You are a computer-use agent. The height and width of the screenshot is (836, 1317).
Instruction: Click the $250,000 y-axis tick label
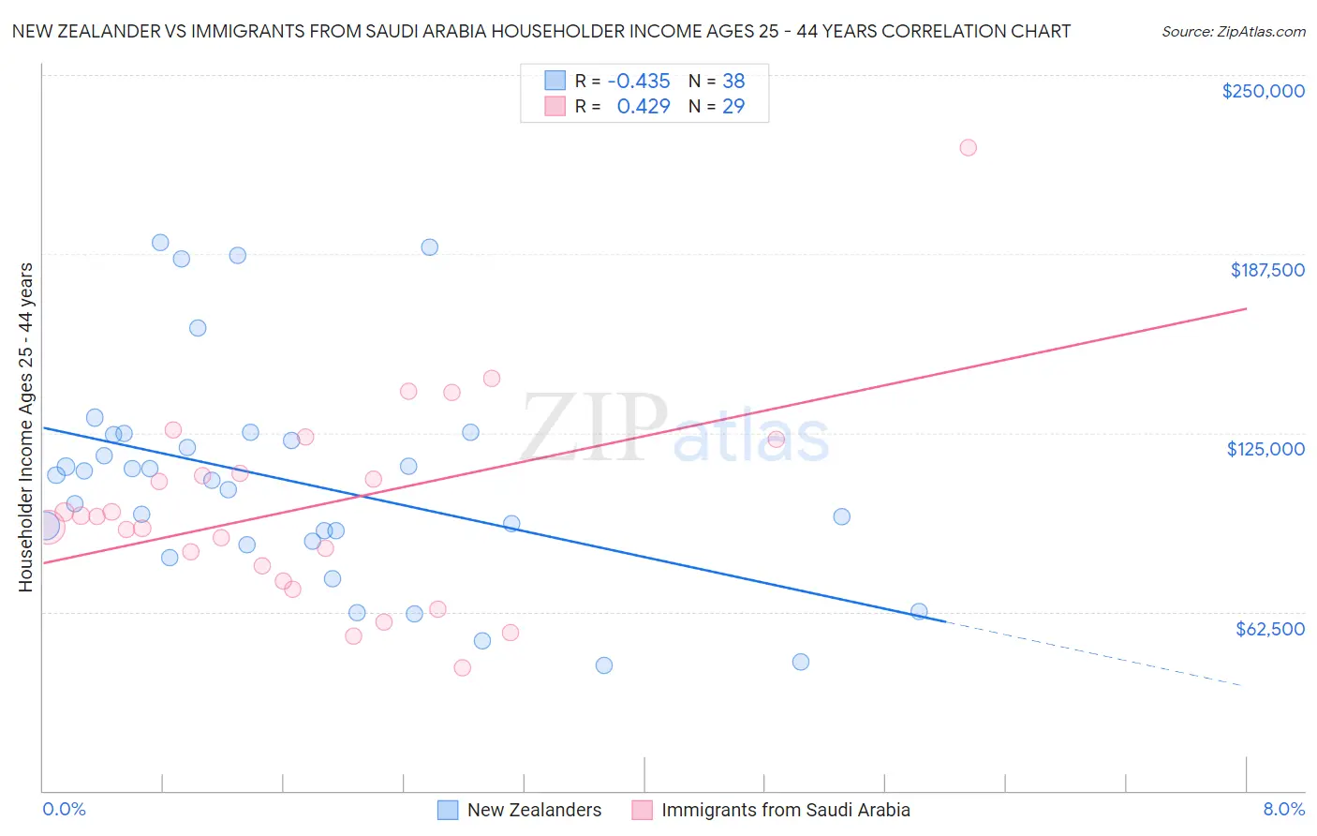pos(1263,91)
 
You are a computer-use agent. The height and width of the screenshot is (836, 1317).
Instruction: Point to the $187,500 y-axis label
pos(1266,270)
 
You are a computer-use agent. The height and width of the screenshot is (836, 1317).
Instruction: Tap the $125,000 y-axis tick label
pos(1265,449)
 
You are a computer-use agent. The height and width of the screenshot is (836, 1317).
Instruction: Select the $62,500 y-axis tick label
pos(1269,629)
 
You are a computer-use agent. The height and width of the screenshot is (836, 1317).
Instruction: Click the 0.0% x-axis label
pos(64,809)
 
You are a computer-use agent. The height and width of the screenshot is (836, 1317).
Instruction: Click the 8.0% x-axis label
pos(1283,809)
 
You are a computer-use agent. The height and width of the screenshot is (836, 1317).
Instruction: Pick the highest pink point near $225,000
pos(968,147)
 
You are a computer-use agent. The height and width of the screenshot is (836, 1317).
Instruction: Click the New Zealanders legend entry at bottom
pos(533,810)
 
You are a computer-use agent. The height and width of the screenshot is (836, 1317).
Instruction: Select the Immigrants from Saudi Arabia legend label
pos(785,810)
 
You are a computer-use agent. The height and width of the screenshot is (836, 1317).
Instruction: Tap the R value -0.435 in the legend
pos(638,82)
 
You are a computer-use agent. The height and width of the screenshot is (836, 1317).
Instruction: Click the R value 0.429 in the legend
pos(643,107)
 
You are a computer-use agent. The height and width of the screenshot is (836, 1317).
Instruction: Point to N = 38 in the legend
pos(717,82)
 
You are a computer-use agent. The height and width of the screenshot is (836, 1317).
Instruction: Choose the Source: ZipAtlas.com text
pos(1233,32)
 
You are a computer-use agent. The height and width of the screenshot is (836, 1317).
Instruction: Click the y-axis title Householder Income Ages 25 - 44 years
pos(25,426)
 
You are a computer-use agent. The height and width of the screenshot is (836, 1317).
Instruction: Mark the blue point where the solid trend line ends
pos(919,611)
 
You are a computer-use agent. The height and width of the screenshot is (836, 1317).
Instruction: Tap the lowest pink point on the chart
pos(462,667)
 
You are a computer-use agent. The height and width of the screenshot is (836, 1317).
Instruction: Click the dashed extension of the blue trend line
pos(1096,654)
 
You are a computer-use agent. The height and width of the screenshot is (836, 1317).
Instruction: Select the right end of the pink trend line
pos(1245,308)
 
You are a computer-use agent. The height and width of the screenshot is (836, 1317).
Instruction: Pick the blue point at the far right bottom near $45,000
pos(800,662)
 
